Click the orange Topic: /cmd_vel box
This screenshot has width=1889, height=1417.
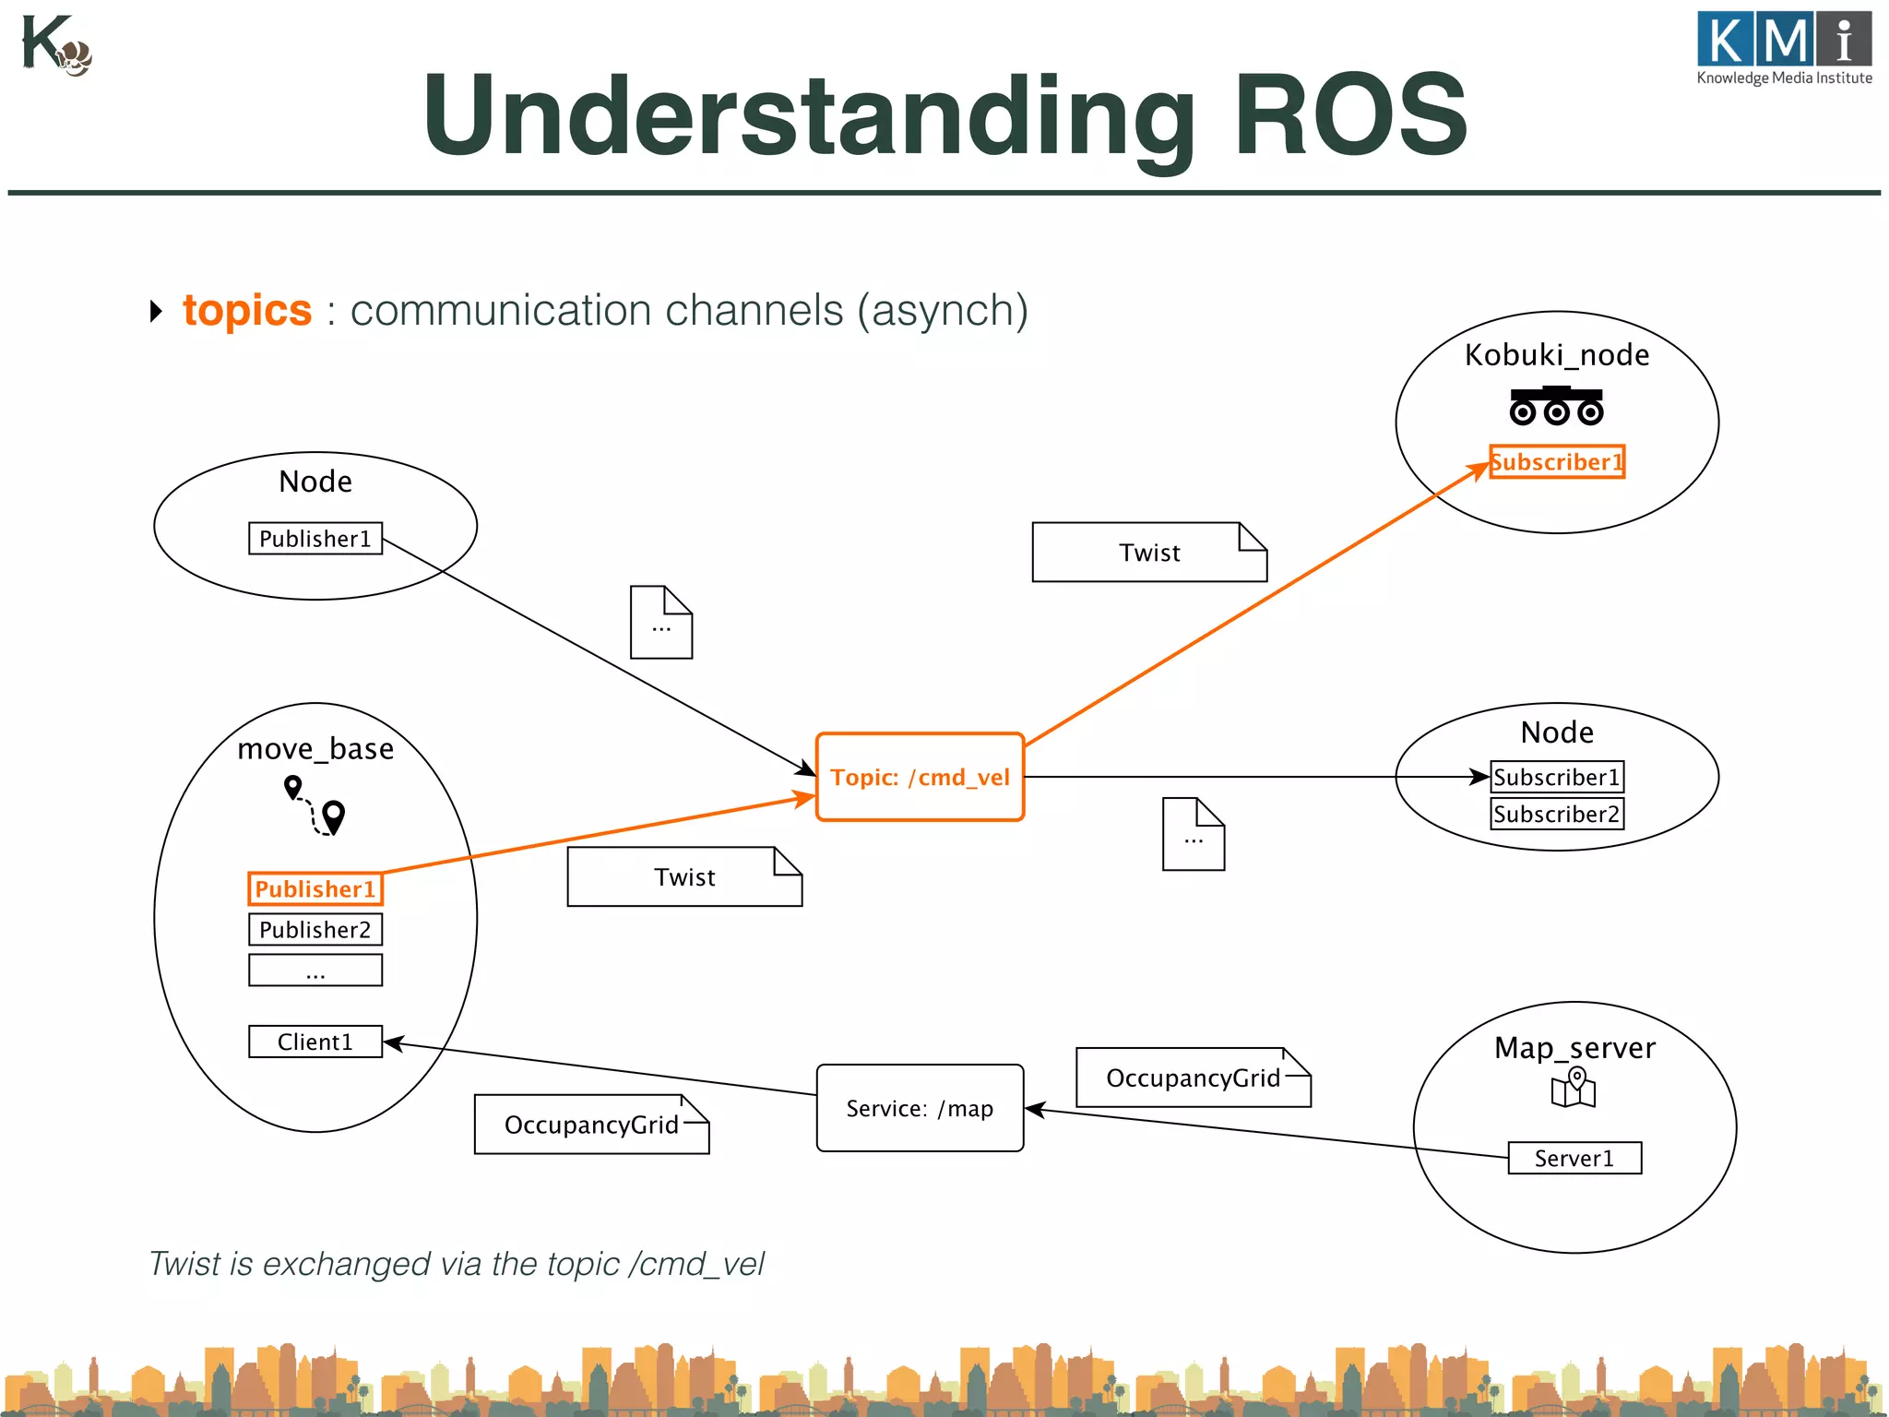(x=920, y=777)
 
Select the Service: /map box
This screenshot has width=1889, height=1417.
(x=920, y=1108)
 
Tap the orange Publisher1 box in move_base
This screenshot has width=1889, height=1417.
(x=315, y=888)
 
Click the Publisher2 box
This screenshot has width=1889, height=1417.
(x=315, y=929)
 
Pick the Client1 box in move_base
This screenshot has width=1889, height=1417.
(x=315, y=1042)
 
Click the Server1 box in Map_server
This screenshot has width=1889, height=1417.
(x=1574, y=1158)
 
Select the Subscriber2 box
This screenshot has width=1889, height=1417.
(x=1556, y=814)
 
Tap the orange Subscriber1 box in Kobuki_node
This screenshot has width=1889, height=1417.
(x=1556, y=461)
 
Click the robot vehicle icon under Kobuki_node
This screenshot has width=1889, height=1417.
(x=1556, y=407)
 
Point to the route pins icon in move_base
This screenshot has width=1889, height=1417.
(x=315, y=805)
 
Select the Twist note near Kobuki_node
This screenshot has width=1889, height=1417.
(x=1148, y=553)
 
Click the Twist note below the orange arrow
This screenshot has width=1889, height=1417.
(x=683, y=876)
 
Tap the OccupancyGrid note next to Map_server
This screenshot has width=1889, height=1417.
(x=1193, y=1078)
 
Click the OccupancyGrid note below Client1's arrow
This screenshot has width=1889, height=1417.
(x=591, y=1125)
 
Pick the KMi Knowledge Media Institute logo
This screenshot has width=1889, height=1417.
(x=1784, y=48)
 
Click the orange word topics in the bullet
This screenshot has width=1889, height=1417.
(x=247, y=310)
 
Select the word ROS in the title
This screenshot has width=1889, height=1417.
(x=1349, y=115)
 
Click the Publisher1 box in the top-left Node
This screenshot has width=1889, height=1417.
(x=315, y=538)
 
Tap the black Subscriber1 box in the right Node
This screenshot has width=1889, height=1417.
(x=1556, y=777)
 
